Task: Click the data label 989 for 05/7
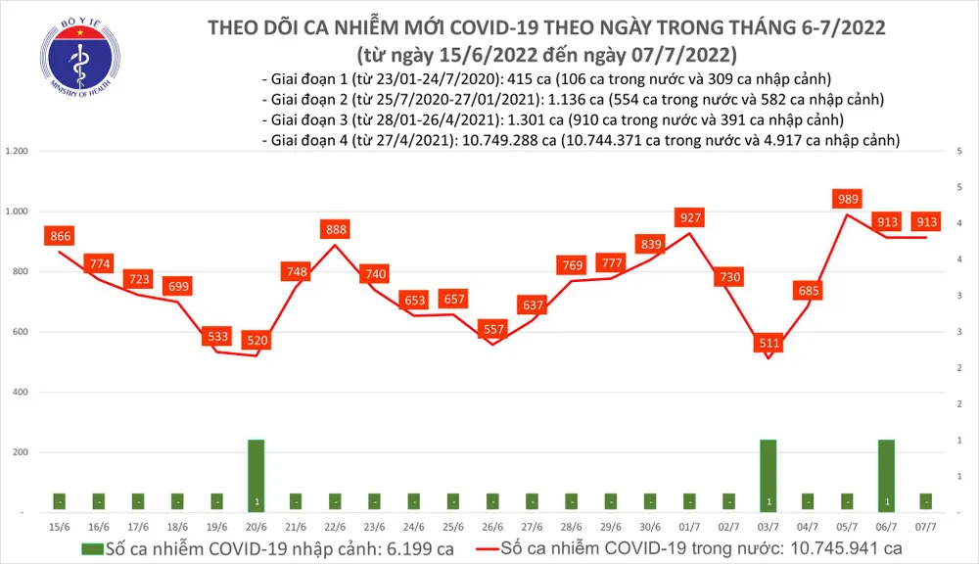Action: (x=847, y=199)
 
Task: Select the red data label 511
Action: (x=769, y=343)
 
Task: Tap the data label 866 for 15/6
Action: (x=60, y=236)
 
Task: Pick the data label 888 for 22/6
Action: (x=335, y=229)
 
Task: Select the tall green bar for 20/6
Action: (x=256, y=475)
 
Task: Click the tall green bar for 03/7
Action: (x=769, y=475)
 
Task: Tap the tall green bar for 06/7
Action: (x=886, y=475)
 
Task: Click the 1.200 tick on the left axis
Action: (x=17, y=152)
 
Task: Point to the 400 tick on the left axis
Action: (x=21, y=393)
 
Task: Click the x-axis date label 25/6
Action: (x=452, y=526)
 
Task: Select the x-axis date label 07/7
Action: (x=925, y=526)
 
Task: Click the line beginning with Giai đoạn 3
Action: (x=554, y=119)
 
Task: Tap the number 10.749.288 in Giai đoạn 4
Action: (x=505, y=141)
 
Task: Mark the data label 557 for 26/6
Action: (x=491, y=330)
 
